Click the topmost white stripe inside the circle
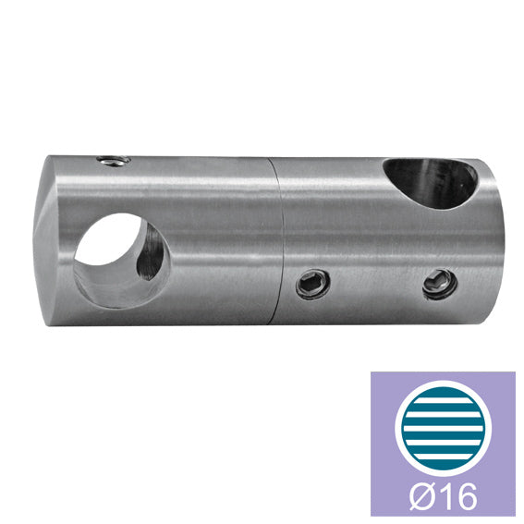pos(443,400)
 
